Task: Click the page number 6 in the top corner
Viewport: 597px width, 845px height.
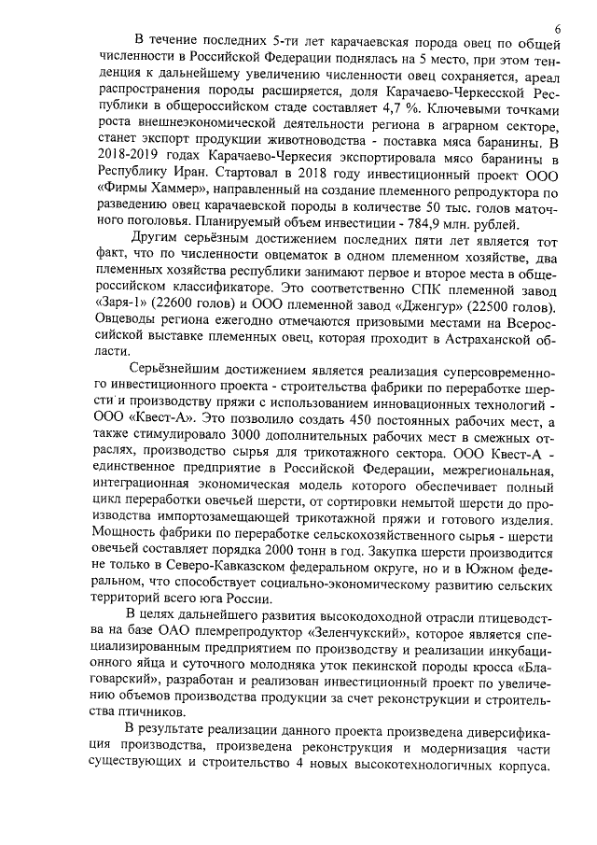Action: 557,29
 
